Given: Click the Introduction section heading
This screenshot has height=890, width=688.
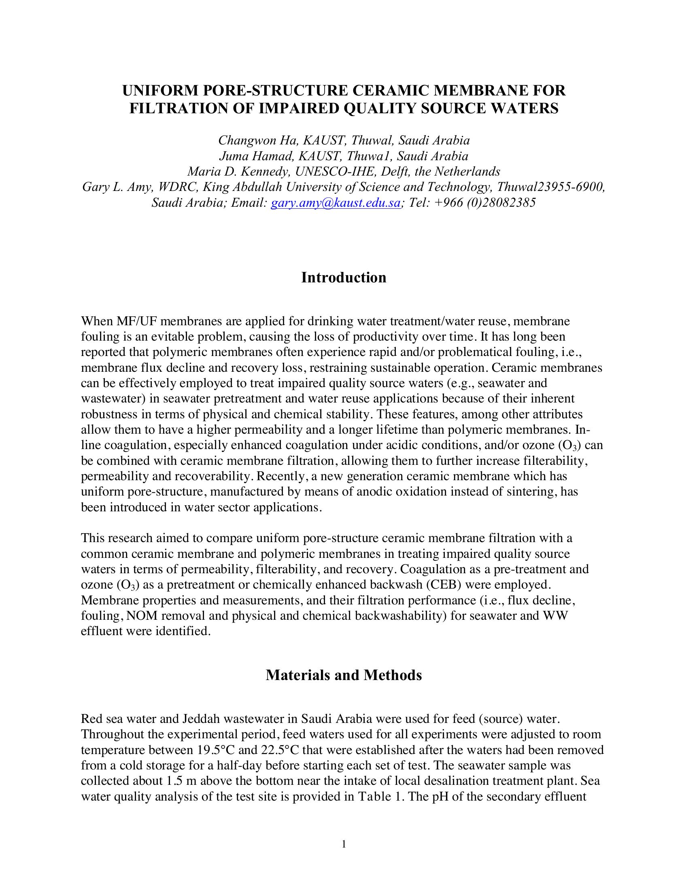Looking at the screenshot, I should [x=344, y=277].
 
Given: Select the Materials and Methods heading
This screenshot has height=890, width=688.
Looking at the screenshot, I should [x=344, y=675].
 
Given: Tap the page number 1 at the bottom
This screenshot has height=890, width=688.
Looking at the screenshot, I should [x=344, y=844].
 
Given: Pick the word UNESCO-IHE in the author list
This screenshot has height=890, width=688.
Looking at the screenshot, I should [x=329, y=172].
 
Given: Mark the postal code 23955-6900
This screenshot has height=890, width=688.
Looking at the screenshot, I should [x=570, y=187].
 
